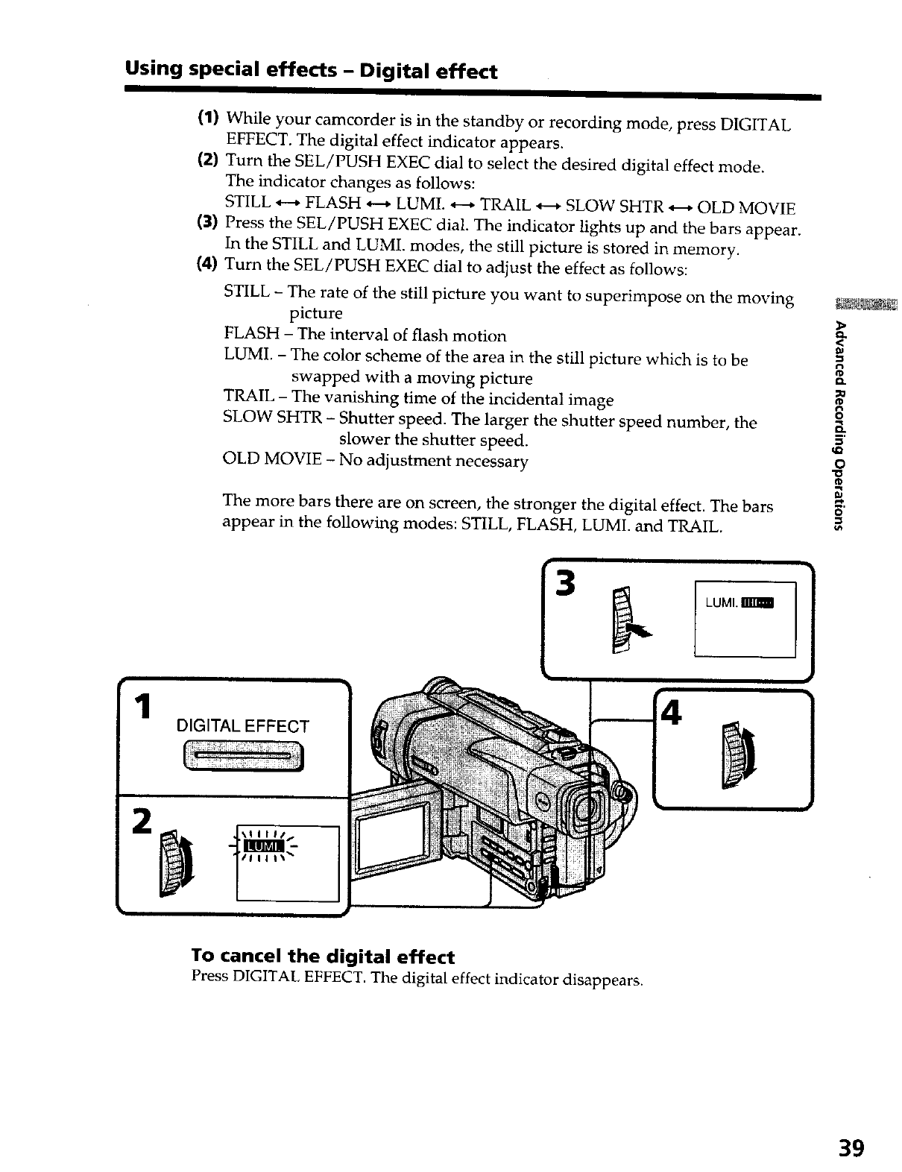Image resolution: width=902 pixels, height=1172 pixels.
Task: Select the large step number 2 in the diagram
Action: [x=139, y=820]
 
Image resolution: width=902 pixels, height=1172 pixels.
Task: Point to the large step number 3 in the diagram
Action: [x=567, y=583]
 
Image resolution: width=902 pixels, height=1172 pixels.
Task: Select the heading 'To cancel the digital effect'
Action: [x=323, y=957]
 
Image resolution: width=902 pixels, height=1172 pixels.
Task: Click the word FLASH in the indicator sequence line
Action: [x=333, y=204]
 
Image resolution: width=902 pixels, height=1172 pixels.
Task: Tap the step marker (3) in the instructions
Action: [x=206, y=222]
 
